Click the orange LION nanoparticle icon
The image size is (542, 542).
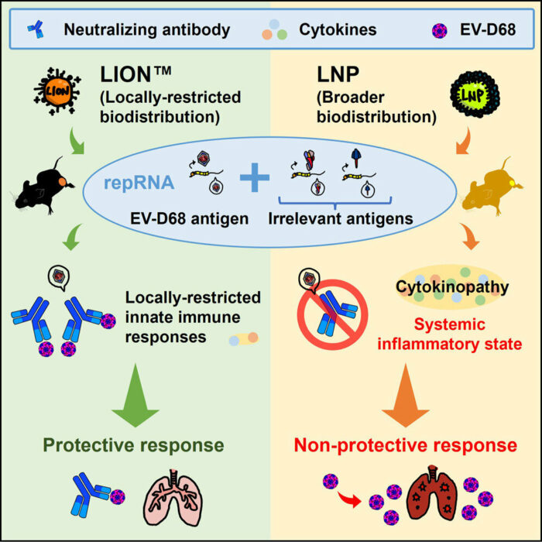pyautogui.click(x=57, y=91)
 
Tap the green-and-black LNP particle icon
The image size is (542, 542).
pyautogui.click(x=475, y=94)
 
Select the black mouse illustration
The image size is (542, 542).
pyautogui.click(x=44, y=186)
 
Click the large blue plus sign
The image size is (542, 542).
pyautogui.click(x=255, y=177)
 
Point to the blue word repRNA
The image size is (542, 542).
pyautogui.click(x=139, y=183)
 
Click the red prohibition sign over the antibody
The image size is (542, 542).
pyautogui.click(x=332, y=314)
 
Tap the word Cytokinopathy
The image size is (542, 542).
pyautogui.click(x=452, y=286)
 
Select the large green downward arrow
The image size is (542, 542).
pyautogui.click(x=135, y=395)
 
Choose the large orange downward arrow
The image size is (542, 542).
pyautogui.click(x=406, y=395)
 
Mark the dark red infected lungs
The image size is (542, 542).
pyautogui.click(x=433, y=493)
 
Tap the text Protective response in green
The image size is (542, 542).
pyautogui.click(x=133, y=445)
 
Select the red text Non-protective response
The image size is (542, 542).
pyautogui.click(x=406, y=445)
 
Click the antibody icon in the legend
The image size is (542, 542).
pyautogui.click(x=36, y=29)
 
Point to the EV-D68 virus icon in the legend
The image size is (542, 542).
pyautogui.click(x=439, y=31)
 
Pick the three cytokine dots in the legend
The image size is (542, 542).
pyautogui.click(x=274, y=29)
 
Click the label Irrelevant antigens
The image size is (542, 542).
pyautogui.click(x=341, y=219)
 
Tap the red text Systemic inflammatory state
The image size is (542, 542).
pyautogui.click(x=450, y=334)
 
